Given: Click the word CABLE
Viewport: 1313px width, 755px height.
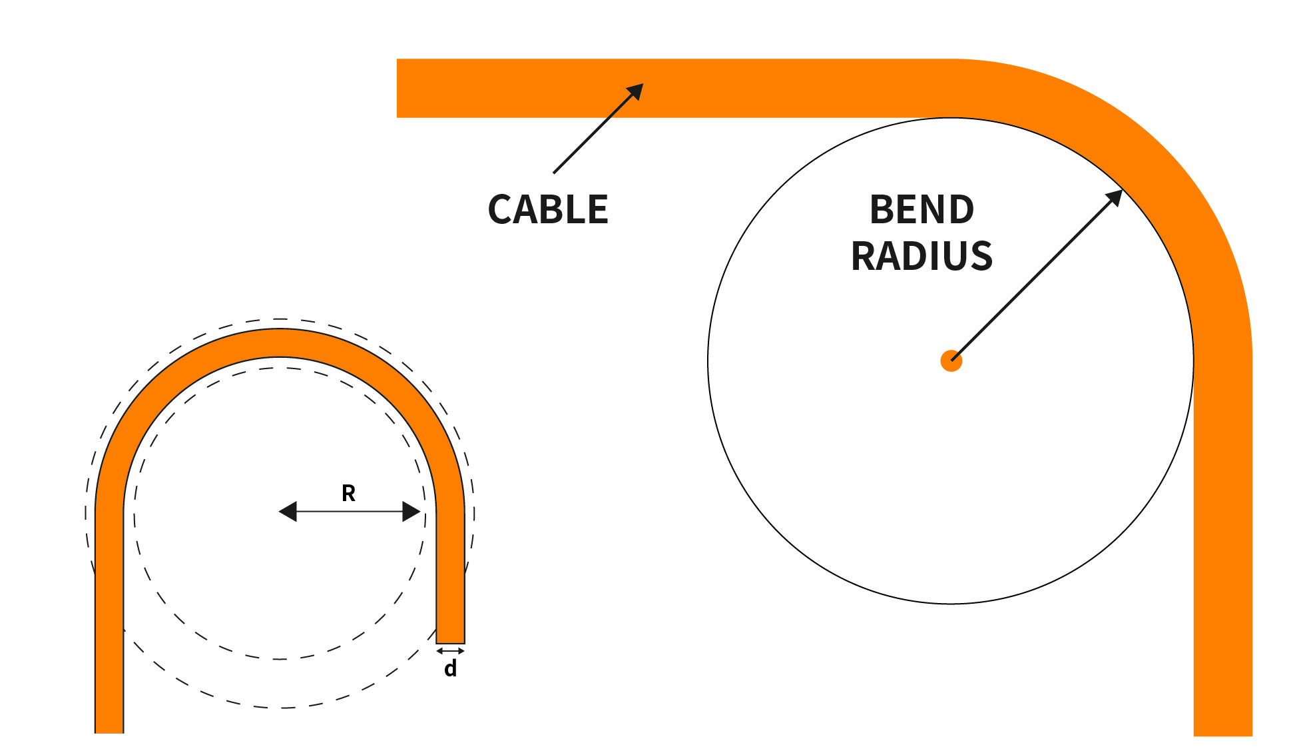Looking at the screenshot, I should [548, 209].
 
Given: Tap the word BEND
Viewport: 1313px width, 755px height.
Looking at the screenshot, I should [921, 209].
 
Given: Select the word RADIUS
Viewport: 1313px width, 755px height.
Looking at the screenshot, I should [921, 256].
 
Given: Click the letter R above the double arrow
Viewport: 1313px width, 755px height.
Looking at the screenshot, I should [348, 493].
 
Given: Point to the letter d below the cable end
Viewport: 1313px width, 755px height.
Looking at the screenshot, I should [451, 668].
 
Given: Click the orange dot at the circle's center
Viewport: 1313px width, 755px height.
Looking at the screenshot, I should [951, 361].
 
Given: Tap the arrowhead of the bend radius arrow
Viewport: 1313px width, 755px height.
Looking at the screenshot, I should [1115, 197].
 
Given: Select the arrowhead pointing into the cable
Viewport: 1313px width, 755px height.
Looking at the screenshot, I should [636, 91].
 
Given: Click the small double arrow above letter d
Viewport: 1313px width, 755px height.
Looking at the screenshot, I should [450, 650].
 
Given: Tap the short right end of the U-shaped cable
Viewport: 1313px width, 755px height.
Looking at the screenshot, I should [450, 636].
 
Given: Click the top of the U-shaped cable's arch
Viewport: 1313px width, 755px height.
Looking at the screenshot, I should [280, 343].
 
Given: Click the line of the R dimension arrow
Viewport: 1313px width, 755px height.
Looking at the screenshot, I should [350, 512].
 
